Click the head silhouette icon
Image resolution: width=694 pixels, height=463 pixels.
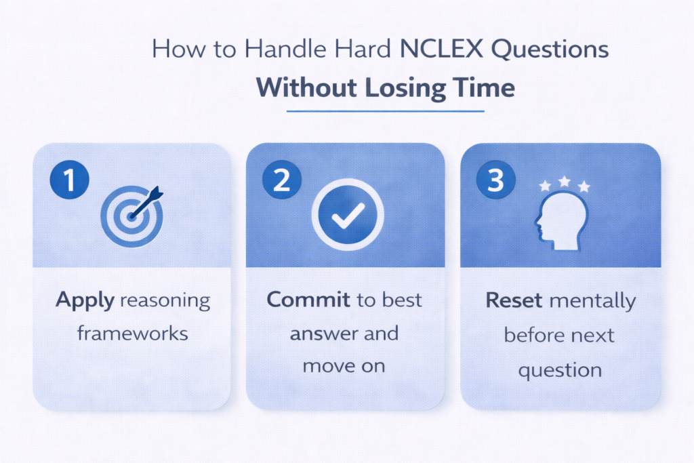[560, 218]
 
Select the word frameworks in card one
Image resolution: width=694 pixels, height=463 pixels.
[131, 333]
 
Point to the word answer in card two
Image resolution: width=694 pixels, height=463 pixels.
[321, 333]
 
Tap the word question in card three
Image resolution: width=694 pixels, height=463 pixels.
[560, 369]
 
